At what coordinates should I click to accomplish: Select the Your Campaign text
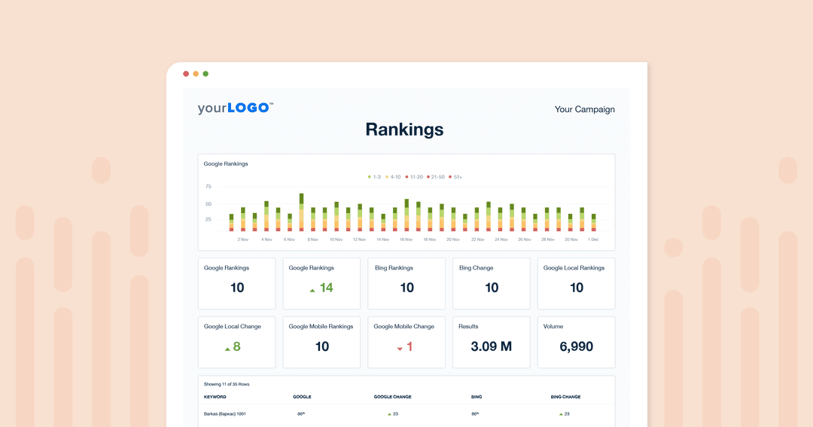coord(584,109)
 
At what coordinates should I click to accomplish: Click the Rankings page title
coord(404,130)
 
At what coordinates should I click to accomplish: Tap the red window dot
coord(186,74)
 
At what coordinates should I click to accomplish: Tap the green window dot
coord(206,74)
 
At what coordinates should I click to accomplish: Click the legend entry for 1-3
coord(374,177)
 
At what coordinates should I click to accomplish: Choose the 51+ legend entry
coord(455,177)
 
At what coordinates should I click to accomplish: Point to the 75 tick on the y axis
coord(209,186)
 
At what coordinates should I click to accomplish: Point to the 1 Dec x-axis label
coord(593,239)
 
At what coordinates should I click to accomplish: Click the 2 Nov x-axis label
coord(243,239)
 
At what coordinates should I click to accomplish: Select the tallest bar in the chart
coord(301,212)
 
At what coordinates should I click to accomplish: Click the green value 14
coord(326,288)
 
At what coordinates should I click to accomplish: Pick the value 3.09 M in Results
coord(492,346)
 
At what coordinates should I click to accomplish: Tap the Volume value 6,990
coord(576,346)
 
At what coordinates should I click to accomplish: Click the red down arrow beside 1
coord(400,348)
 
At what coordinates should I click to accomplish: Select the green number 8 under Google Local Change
coord(236,346)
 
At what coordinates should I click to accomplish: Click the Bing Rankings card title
coord(394,268)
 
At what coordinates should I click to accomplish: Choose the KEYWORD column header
coord(215,397)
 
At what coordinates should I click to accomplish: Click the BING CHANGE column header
coord(565,397)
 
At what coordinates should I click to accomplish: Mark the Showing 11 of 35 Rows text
coord(227,384)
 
